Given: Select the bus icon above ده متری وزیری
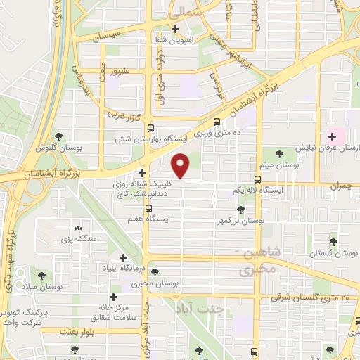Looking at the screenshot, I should tap(217, 120).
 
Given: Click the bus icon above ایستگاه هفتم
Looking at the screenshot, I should tap(148, 208).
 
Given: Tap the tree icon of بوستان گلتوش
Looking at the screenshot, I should tap(59, 137).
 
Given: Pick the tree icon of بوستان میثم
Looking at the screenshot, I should tap(280, 152).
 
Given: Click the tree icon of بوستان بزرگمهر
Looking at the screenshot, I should tap(241, 209).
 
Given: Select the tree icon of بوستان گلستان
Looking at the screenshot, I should tap(333, 241).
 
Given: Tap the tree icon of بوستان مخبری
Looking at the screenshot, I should tap(154, 271).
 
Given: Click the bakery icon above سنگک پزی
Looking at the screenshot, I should tap(77, 228).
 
